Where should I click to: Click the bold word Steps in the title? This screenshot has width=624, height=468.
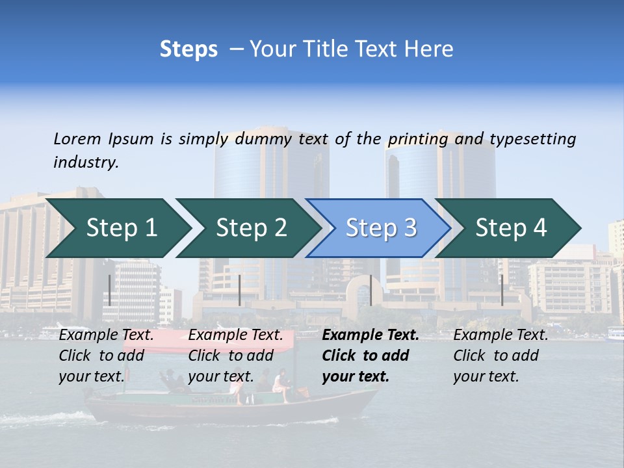(x=188, y=49)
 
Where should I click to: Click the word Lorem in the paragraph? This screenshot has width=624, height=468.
(x=77, y=138)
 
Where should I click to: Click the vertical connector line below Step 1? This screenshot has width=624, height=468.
(x=110, y=290)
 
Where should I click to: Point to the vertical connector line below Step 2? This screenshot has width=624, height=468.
(x=240, y=290)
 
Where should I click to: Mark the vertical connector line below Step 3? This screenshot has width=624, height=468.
(x=370, y=290)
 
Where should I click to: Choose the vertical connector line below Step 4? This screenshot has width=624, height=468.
(x=502, y=290)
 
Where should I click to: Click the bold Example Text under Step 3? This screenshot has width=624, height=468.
(x=370, y=335)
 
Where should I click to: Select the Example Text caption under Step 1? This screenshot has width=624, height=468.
(x=107, y=335)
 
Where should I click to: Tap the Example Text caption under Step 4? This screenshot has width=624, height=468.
(x=500, y=335)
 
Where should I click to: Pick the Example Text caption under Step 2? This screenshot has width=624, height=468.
(x=236, y=335)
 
